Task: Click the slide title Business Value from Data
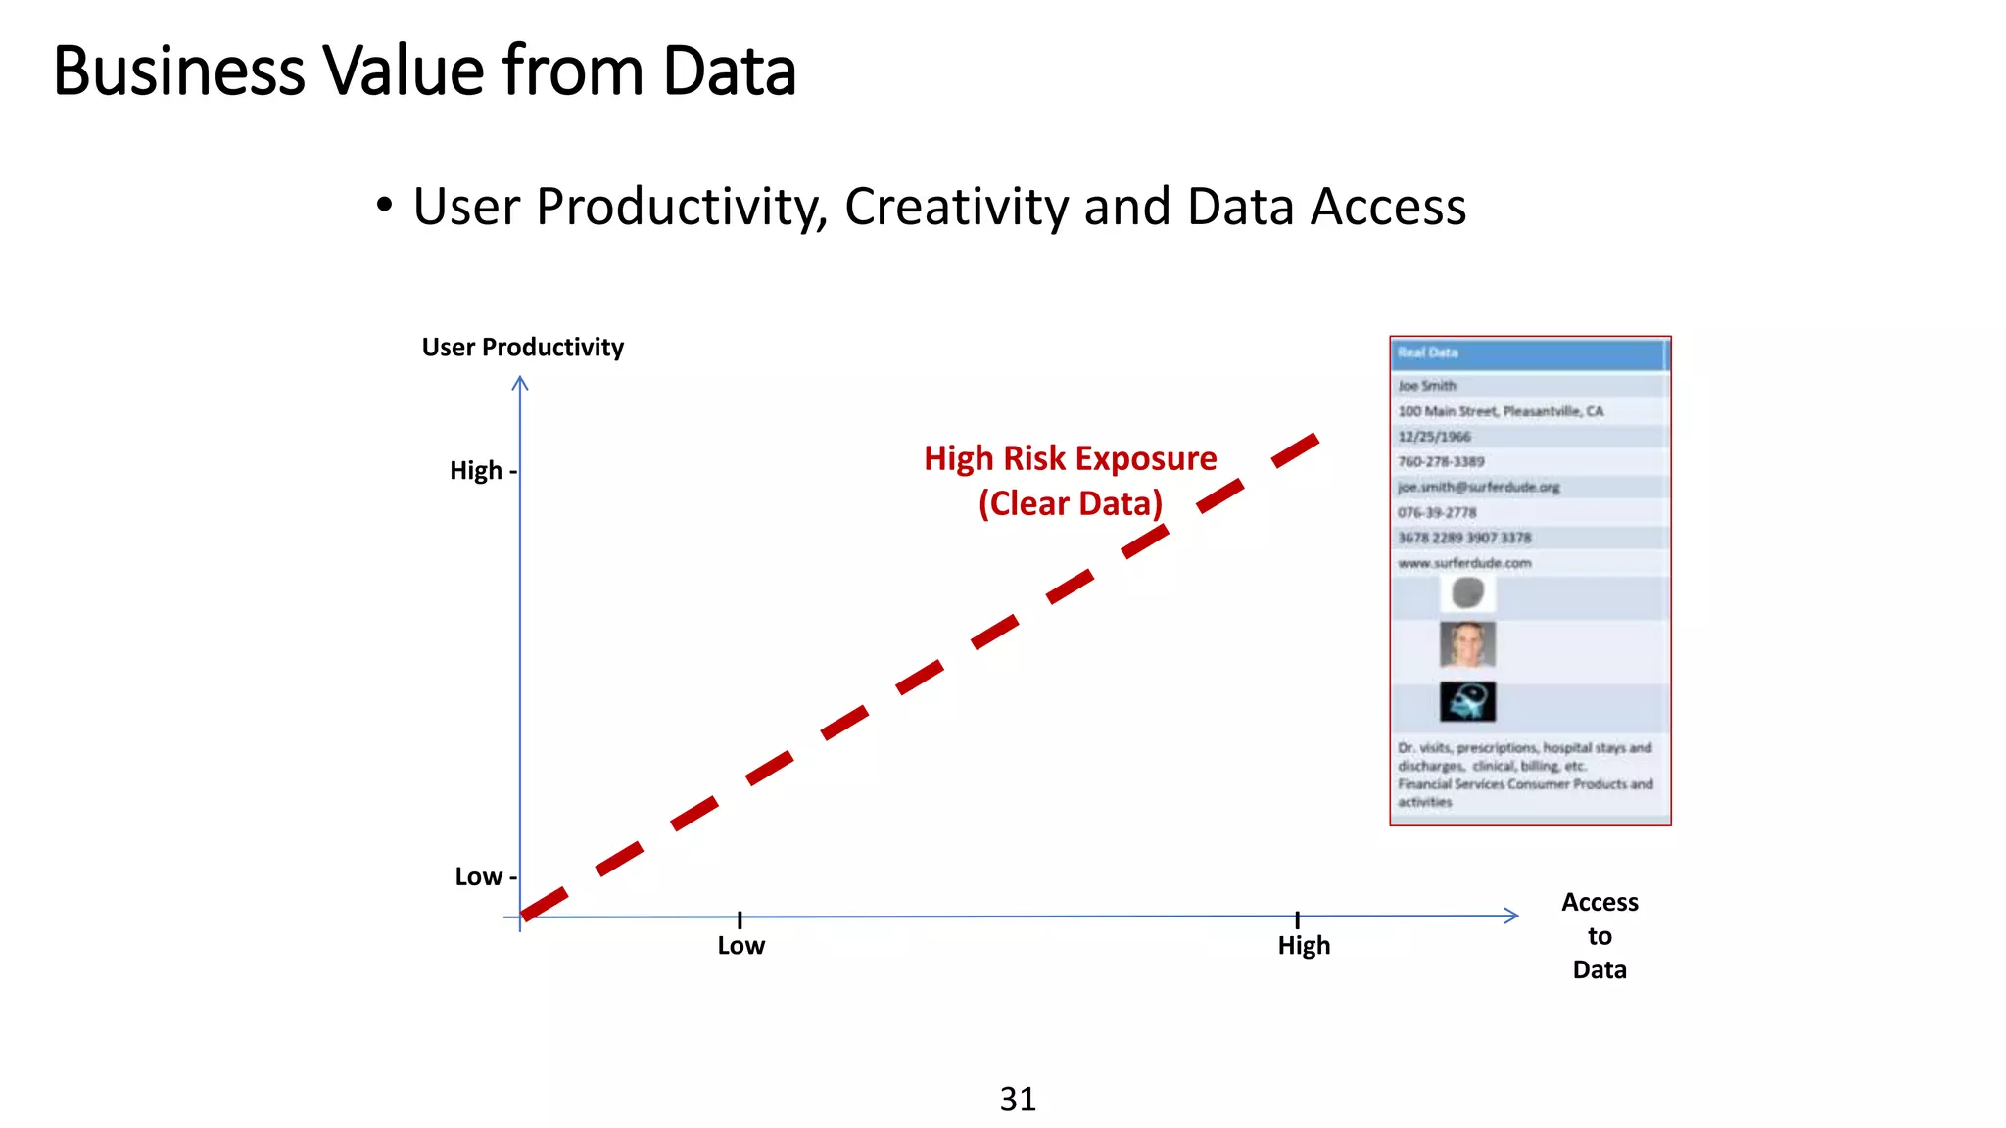click(423, 70)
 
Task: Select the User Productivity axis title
click(522, 348)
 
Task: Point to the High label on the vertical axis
click(476, 471)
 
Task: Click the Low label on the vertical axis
click(478, 876)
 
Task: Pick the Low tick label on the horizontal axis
click(740, 946)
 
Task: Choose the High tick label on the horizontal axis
click(1304, 946)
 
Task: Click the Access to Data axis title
click(1600, 935)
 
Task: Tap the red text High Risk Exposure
click(1070, 458)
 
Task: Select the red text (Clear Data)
click(1070, 503)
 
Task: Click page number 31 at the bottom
click(1018, 1099)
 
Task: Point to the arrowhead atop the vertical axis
click(520, 382)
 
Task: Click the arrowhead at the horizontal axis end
click(1512, 916)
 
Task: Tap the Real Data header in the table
click(1428, 352)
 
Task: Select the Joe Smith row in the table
click(1427, 386)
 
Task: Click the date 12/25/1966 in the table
click(1434, 437)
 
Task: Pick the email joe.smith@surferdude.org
click(1478, 487)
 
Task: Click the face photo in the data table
click(1467, 644)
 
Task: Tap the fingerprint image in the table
click(1467, 592)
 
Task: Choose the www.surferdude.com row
click(1464, 563)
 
